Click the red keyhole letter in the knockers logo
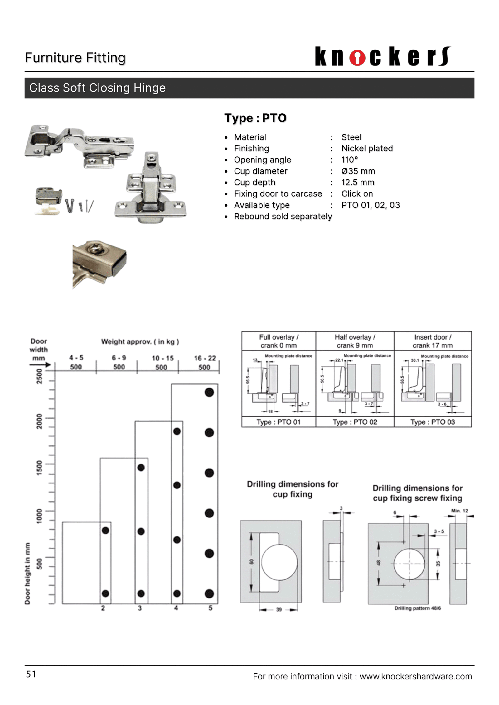[x=357, y=57]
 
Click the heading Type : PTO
[x=255, y=118]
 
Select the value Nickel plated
[x=367, y=148]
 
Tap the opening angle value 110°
[x=349, y=160]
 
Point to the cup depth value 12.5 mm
[x=357, y=182]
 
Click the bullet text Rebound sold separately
[x=283, y=216]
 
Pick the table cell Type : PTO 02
[x=355, y=422]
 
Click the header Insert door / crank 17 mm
[x=432, y=341]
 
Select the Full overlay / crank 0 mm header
[x=279, y=341]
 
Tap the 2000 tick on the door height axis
[x=39, y=421]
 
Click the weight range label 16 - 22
[x=205, y=358]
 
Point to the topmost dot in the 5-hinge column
[x=209, y=392]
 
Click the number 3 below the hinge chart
[x=140, y=608]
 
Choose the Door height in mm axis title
[x=27, y=573]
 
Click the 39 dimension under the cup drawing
[x=279, y=609]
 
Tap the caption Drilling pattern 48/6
[x=417, y=608]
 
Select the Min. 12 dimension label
[x=459, y=511]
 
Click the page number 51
[x=31, y=674]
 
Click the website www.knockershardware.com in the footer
[x=415, y=676]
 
